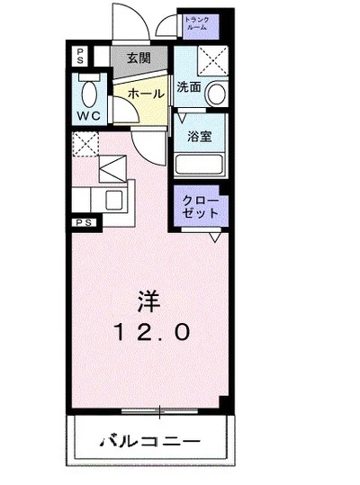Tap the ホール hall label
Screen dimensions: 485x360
tap(145, 94)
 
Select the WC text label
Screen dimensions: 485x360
tap(87, 117)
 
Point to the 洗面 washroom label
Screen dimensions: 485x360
tap(188, 87)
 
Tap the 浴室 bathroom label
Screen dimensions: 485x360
tap(201, 138)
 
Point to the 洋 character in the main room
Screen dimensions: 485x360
tap(149, 298)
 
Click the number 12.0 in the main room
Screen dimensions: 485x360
tap(150, 332)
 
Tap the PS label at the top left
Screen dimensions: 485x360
tap(80, 53)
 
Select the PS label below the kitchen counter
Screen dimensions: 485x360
tap(82, 221)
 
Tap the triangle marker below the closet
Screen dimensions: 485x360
tap(216, 238)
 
